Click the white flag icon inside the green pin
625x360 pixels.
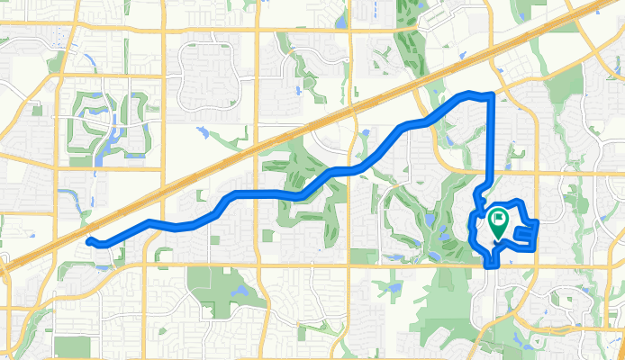(498, 218)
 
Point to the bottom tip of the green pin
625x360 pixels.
(496, 239)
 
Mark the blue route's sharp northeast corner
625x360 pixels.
(491, 94)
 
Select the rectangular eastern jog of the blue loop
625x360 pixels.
(530, 234)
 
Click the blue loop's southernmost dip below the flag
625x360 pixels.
(491, 265)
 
